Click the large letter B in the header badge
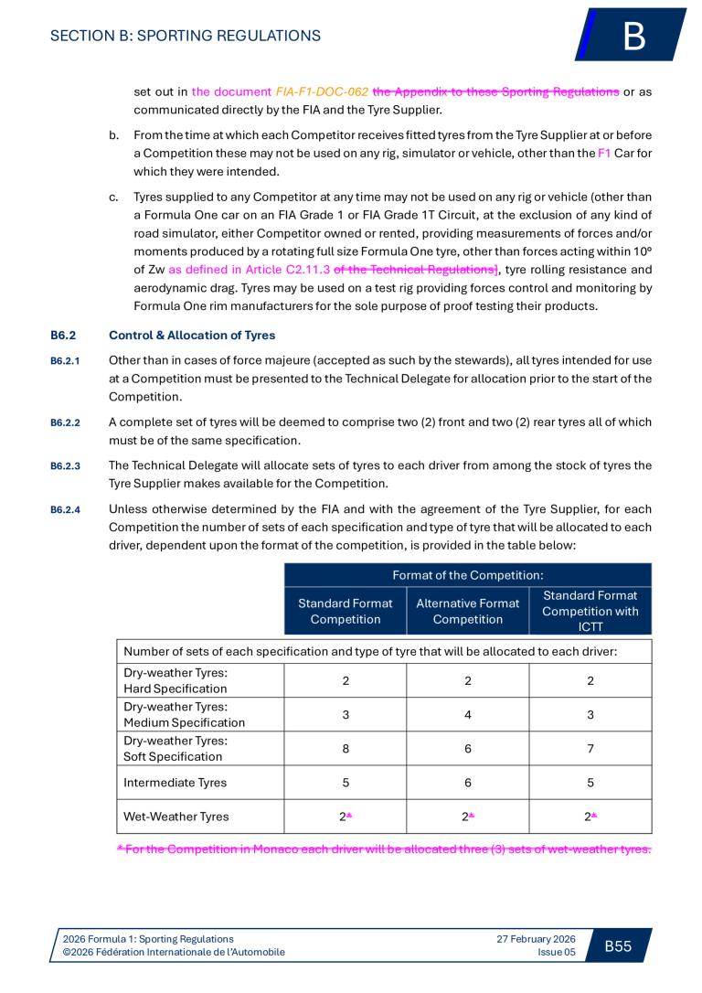pyautogui.click(x=634, y=37)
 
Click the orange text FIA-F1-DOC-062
pyautogui.click(x=322, y=92)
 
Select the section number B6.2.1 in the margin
pyautogui.click(x=65, y=360)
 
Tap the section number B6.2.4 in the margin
pyautogui.click(x=65, y=509)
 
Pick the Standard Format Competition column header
pyautogui.click(x=346, y=611)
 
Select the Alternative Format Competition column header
pyautogui.click(x=467, y=611)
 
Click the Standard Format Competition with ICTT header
pyautogui.click(x=590, y=611)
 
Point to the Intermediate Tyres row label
pyautogui.click(x=175, y=783)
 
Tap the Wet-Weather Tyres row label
pyautogui.click(x=175, y=817)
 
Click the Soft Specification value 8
pyautogui.click(x=346, y=749)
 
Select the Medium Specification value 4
pyautogui.click(x=467, y=714)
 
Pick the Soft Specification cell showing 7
pyautogui.click(x=590, y=749)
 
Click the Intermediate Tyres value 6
pyautogui.click(x=467, y=783)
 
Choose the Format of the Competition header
pyautogui.click(x=467, y=575)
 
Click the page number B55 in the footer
pyautogui.click(x=618, y=945)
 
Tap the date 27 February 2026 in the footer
pyautogui.click(x=536, y=939)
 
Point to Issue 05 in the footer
pyautogui.click(x=557, y=952)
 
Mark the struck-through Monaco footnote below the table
pyautogui.click(x=384, y=849)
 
